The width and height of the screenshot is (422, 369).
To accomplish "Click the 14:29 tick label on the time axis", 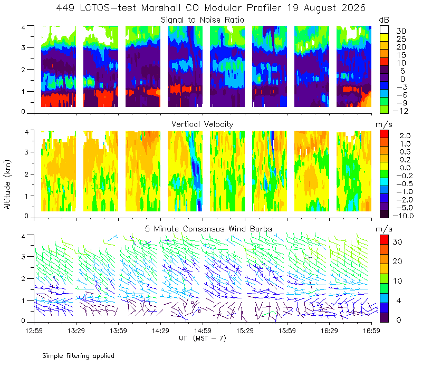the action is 160,331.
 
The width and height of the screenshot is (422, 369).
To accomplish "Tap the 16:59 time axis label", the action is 371,331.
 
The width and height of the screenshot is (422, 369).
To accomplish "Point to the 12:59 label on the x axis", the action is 34,331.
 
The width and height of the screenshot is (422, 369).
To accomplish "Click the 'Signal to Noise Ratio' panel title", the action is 203,20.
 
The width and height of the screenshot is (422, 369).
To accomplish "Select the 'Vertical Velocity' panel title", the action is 203,124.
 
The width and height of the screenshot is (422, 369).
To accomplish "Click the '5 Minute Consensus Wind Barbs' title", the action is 208,229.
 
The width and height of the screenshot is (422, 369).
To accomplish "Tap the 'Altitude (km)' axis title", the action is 7,184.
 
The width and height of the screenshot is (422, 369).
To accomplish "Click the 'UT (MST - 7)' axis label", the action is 203,338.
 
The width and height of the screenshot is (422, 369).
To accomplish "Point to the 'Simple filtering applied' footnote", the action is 78,356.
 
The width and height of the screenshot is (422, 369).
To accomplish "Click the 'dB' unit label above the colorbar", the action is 384,20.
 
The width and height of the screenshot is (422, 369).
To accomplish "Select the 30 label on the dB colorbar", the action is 401,31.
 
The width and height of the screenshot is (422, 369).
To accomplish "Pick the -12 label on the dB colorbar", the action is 401,111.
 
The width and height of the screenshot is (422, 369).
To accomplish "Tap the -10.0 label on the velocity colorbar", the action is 403,216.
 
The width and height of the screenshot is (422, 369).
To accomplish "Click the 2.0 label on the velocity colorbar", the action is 405,136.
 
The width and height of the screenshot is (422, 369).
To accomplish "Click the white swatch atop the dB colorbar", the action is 384,30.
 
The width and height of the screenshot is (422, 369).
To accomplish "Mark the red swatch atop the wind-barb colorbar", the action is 384,240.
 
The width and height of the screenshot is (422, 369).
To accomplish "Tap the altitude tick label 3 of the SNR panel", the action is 23,47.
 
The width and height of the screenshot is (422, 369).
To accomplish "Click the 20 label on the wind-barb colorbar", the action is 398,261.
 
